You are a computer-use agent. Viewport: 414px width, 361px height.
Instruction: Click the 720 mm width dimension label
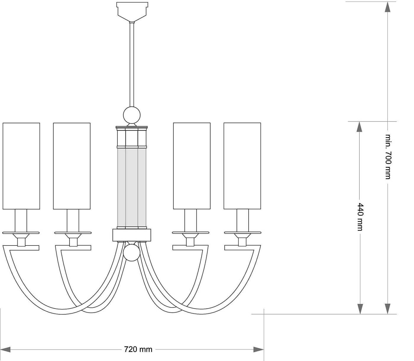tap(138, 349)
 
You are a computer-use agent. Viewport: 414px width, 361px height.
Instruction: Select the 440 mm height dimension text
tap(360, 217)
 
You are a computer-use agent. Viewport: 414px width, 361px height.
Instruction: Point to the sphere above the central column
tap(132, 115)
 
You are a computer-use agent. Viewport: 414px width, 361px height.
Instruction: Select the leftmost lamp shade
tap(21, 166)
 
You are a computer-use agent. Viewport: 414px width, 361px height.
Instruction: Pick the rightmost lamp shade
tap(242, 166)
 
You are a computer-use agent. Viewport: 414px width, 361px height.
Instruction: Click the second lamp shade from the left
tap(72, 166)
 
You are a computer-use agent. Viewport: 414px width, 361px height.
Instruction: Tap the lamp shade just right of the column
tap(192, 166)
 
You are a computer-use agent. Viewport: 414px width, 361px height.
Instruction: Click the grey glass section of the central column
tap(132, 188)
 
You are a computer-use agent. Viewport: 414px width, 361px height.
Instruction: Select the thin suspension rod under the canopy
tap(132, 65)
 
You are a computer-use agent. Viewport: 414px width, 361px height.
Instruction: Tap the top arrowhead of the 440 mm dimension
tap(360, 126)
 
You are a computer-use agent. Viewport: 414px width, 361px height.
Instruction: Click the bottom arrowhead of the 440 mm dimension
tap(360, 309)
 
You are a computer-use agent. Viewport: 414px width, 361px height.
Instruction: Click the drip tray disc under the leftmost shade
tap(21, 233)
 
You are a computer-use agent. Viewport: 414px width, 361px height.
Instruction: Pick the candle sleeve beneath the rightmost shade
tap(242, 220)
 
